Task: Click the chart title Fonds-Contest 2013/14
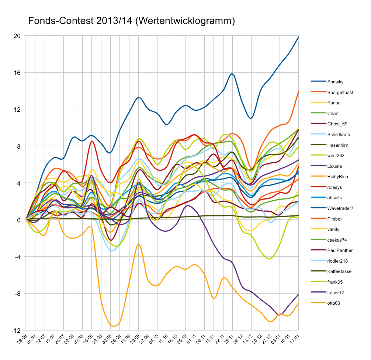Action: pos(131,21)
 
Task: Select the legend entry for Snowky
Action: pos(335,82)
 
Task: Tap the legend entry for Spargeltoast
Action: pos(340,92)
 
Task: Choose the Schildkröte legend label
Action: pos(339,135)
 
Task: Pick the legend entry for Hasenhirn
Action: pos(338,145)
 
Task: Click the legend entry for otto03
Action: pos(334,303)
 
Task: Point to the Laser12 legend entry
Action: pos(336,293)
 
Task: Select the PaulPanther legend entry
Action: pos(340,250)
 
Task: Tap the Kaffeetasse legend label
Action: pos(339,271)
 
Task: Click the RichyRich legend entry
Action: pos(337,177)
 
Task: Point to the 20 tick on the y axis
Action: pos(17,36)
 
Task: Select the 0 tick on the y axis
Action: pos(18,220)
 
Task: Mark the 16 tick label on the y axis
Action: pos(17,73)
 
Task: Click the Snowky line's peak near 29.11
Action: pos(232,74)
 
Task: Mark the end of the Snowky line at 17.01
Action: pos(298,37)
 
